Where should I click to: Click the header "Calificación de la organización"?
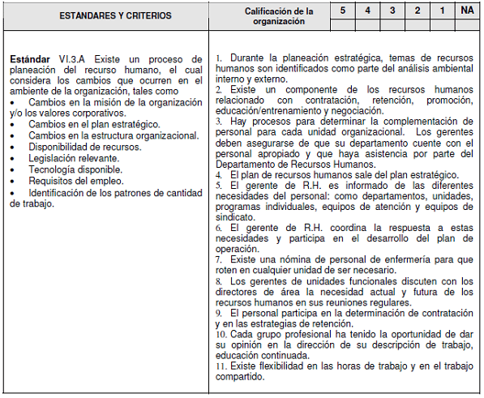(278, 15)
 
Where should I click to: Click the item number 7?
(219, 259)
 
